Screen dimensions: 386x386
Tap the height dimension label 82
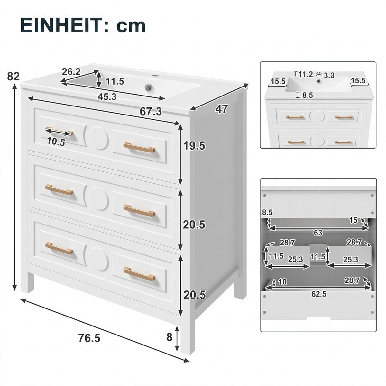point(14,76)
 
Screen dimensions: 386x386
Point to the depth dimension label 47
point(222,109)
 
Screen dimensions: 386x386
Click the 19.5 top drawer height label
point(194,146)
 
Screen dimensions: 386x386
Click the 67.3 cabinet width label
point(151,111)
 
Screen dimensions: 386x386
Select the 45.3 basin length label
point(107,97)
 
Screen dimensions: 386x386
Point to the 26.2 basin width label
point(71,72)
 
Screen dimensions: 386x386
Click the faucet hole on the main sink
point(154,76)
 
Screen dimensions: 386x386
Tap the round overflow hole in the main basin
point(148,87)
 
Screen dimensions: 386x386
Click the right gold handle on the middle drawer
point(139,211)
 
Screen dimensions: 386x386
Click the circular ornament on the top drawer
point(99,138)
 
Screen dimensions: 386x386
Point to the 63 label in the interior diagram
point(318,233)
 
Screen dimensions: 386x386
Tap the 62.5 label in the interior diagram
point(319,294)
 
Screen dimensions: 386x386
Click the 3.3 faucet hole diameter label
point(329,76)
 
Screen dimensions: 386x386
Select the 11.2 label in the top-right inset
point(305,74)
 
